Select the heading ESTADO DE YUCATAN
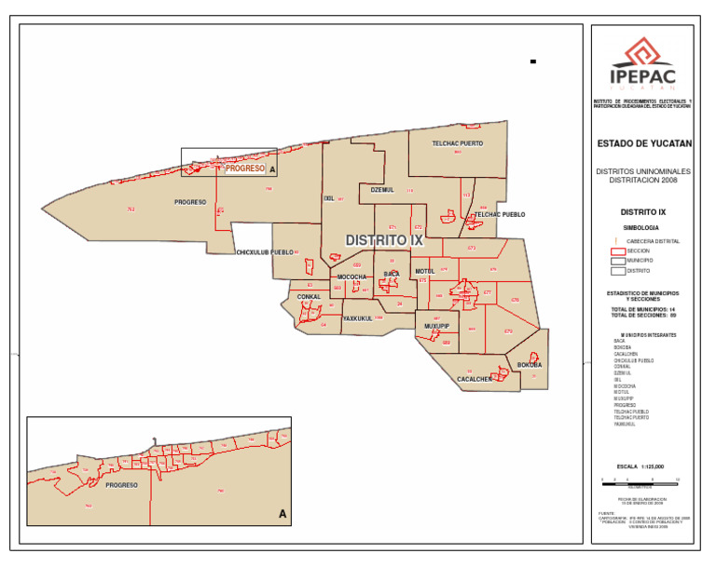pos(642,143)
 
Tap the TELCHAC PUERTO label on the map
pos(457,143)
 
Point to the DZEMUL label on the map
pos(382,189)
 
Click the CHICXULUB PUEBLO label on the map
pos(265,252)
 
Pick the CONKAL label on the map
pos(309,297)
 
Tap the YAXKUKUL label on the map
pos(357,318)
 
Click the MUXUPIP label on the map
pos(436,327)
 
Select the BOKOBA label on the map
pos(530,365)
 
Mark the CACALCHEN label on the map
pos(475,380)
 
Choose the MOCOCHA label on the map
pos(351,277)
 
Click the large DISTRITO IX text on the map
pos(384,240)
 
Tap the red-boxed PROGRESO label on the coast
pos(246,169)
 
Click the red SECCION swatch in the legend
pos(616,250)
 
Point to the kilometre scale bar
pos(641,479)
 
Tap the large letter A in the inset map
pos(282,513)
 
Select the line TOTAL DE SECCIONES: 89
pos(643,315)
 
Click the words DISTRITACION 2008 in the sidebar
pos(642,180)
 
